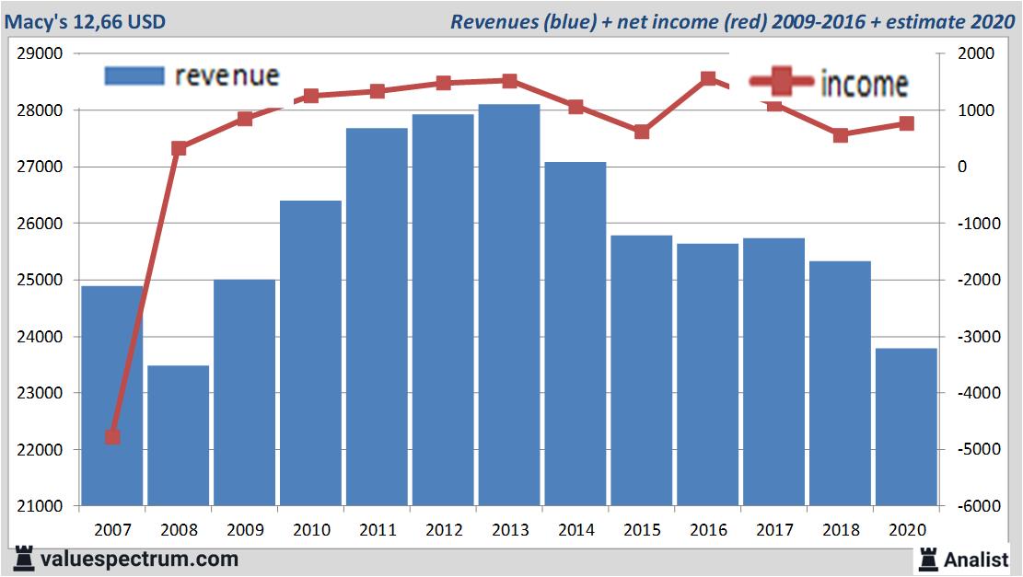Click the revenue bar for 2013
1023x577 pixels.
pyautogui.click(x=509, y=304)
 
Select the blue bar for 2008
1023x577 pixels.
pyautogui.click(x=178, y=435)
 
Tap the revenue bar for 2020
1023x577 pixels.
pyautogui.click(x=905, y=426)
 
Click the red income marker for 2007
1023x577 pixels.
pyautogui.click(x=112, y=436)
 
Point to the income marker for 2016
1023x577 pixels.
pyautogui.click(x=708, y=78)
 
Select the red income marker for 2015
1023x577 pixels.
pyautogui.click(x=642, y=132)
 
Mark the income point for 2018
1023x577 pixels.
pyautogui.click(x=840, y=135)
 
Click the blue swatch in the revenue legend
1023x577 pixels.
pyautogui.click(x=134, y=75)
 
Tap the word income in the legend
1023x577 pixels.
pyautogui.click(x=863, y=84)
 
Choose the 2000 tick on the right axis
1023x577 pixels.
pyautogui.click(x=976, y=53)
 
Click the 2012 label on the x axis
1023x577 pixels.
pyautogui.click(x=444, y=530)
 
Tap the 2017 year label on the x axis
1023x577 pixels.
pyautogui.click(x=774, y=530)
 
